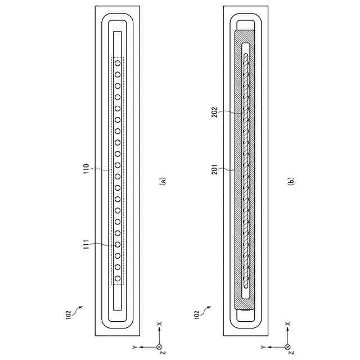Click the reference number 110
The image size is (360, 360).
pyautogui.click(x=86, y=169)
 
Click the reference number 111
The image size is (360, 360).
pyautogui.click(x=86, y=245)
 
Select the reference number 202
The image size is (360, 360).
pyautogui.click(x=214, y=112)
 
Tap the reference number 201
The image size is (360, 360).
pyautogui.click(x=214, y=169)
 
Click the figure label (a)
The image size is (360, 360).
pyautogui.click(x=163, y=181)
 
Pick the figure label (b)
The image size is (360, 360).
pyautogui.click(x=291, y=181)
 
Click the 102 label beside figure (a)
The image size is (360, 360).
pyautogui.click(x=68, y=314)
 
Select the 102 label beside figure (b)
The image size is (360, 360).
pyautogui.click(x=196, y=314)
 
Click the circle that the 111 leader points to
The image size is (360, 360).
pyautogui.click(x=118, y=245)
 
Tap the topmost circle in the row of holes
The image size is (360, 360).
pyautogui.click(x=118, y=63)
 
